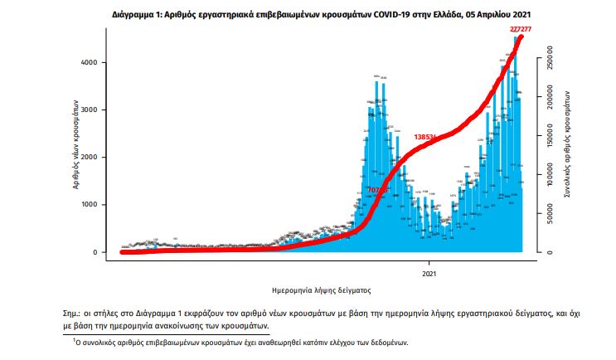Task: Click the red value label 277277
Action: click(x=521, y=29)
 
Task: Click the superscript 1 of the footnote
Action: click(x=73, y=339)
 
